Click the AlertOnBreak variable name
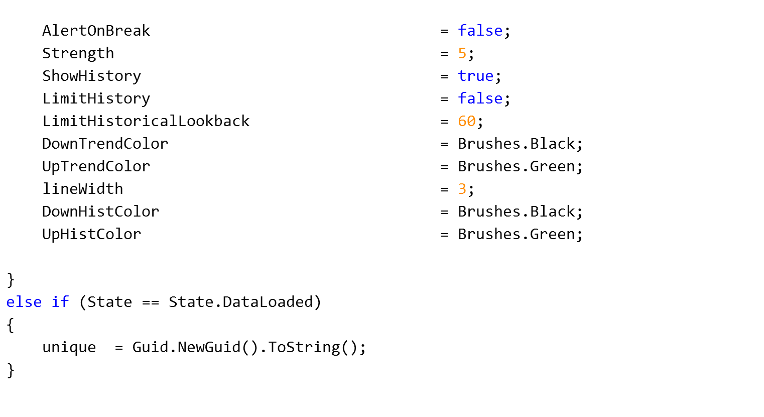[x=96, y=31]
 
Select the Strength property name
[x=78, y=53]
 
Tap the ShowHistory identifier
[x=91, y=76]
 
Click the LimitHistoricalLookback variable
[x=146, y=121]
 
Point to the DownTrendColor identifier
[x=105, y=144]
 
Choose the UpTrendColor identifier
[x=96, y=166]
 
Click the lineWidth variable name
[x=82, y=189]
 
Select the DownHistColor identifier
[x=100, y=212]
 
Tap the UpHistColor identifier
[x=91, y=234]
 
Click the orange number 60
[x=466, y=121]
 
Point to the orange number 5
[x=462, y=53]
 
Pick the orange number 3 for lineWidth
[x=462, y=189]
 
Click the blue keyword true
[x=475, y=76]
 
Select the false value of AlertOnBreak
[x=480, y=31]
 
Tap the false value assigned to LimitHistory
[x=480, y=98]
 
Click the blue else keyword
[x=24, y=302]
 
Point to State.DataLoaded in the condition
[x=240, y=302]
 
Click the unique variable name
[x=69, y=347]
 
